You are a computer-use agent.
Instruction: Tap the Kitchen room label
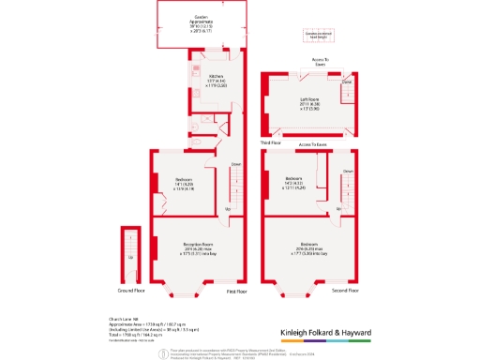tap(216, 78)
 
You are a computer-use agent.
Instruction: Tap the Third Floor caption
tap(269, 142)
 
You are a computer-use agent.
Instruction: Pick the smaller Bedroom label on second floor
tap(293, 179)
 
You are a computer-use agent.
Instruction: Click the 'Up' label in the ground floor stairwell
tap(130, 256)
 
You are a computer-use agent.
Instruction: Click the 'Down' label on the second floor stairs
tap(347, 172)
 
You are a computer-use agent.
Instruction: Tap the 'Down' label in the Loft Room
tap(347, 82)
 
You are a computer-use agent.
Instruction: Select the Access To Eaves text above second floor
tap(311, 145)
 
